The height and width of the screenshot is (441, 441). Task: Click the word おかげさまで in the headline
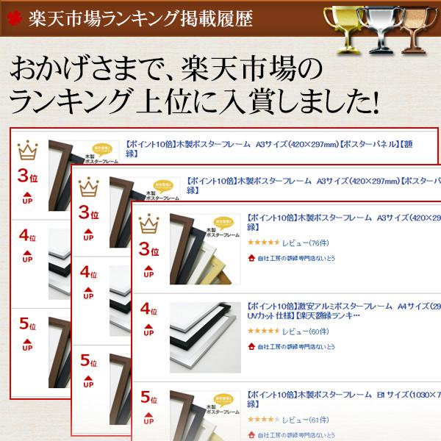84,71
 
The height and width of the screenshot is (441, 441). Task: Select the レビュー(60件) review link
306,331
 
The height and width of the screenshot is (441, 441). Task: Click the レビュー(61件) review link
306,420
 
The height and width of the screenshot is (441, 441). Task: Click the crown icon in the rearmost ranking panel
27,151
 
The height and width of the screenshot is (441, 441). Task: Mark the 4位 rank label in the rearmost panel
27,237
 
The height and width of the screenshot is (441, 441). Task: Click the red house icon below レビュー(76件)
251,259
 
